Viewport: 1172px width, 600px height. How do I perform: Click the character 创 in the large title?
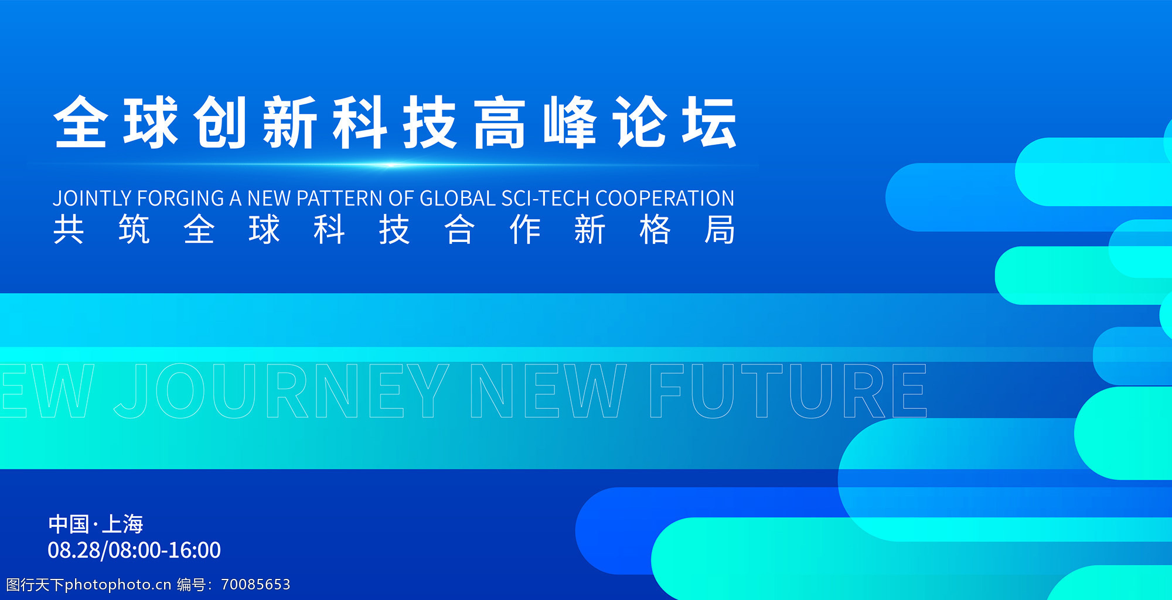point(220,122)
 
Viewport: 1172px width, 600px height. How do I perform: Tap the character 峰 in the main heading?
point(570,122)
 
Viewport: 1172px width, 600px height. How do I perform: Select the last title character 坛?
point(709,122)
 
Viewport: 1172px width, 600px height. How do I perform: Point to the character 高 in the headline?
point(499,122)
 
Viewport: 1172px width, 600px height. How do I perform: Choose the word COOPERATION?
point(665,198)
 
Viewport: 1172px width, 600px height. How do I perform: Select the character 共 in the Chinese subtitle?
point(69,229)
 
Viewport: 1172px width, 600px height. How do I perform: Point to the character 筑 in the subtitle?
point(134,229)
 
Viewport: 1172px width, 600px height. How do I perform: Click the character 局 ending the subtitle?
point(720,229)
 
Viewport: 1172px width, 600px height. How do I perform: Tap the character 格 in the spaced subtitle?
point(655,229)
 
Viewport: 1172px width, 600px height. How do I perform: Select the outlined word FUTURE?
point(788,391)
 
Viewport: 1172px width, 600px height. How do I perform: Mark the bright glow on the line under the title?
point(390,165)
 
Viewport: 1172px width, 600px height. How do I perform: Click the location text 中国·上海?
point(96,524)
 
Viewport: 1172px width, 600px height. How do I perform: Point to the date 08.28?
point(74,550)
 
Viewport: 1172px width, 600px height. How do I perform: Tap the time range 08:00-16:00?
point(165,550)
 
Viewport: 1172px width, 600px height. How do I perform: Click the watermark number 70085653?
point(255,584)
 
